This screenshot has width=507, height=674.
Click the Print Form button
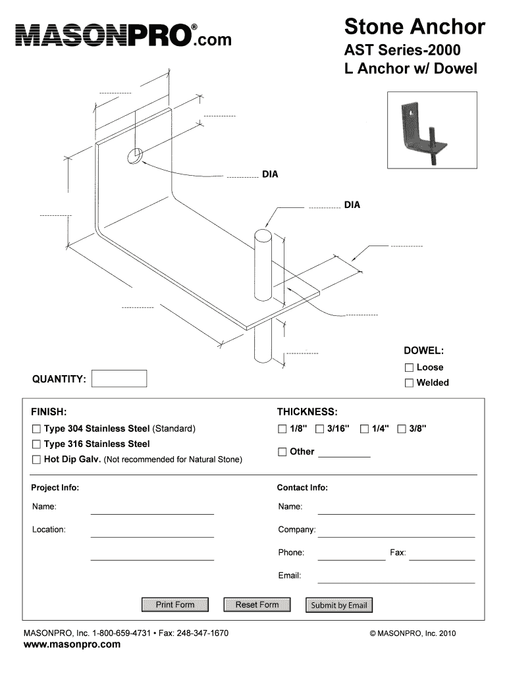175,604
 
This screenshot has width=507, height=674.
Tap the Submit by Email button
338,605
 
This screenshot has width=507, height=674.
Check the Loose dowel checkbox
409,367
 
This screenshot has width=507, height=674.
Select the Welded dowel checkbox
409,382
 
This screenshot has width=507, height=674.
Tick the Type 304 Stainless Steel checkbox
36,429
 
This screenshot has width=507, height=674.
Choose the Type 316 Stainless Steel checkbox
36,444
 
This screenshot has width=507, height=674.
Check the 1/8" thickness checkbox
282,429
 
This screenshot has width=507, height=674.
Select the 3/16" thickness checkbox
320,429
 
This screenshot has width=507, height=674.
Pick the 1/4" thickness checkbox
364,429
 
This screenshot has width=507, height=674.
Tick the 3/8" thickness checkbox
401,429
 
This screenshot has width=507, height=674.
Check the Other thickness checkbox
282,452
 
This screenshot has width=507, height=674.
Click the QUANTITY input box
119,378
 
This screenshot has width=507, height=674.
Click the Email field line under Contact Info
396,577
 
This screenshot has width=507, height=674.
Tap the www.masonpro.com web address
72,644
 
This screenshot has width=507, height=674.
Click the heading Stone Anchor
415,27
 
